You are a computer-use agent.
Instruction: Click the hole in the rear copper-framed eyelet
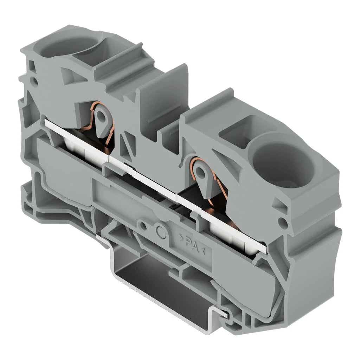[x=102, y=114]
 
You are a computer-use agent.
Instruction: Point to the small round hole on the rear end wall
[x=34, y=81]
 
